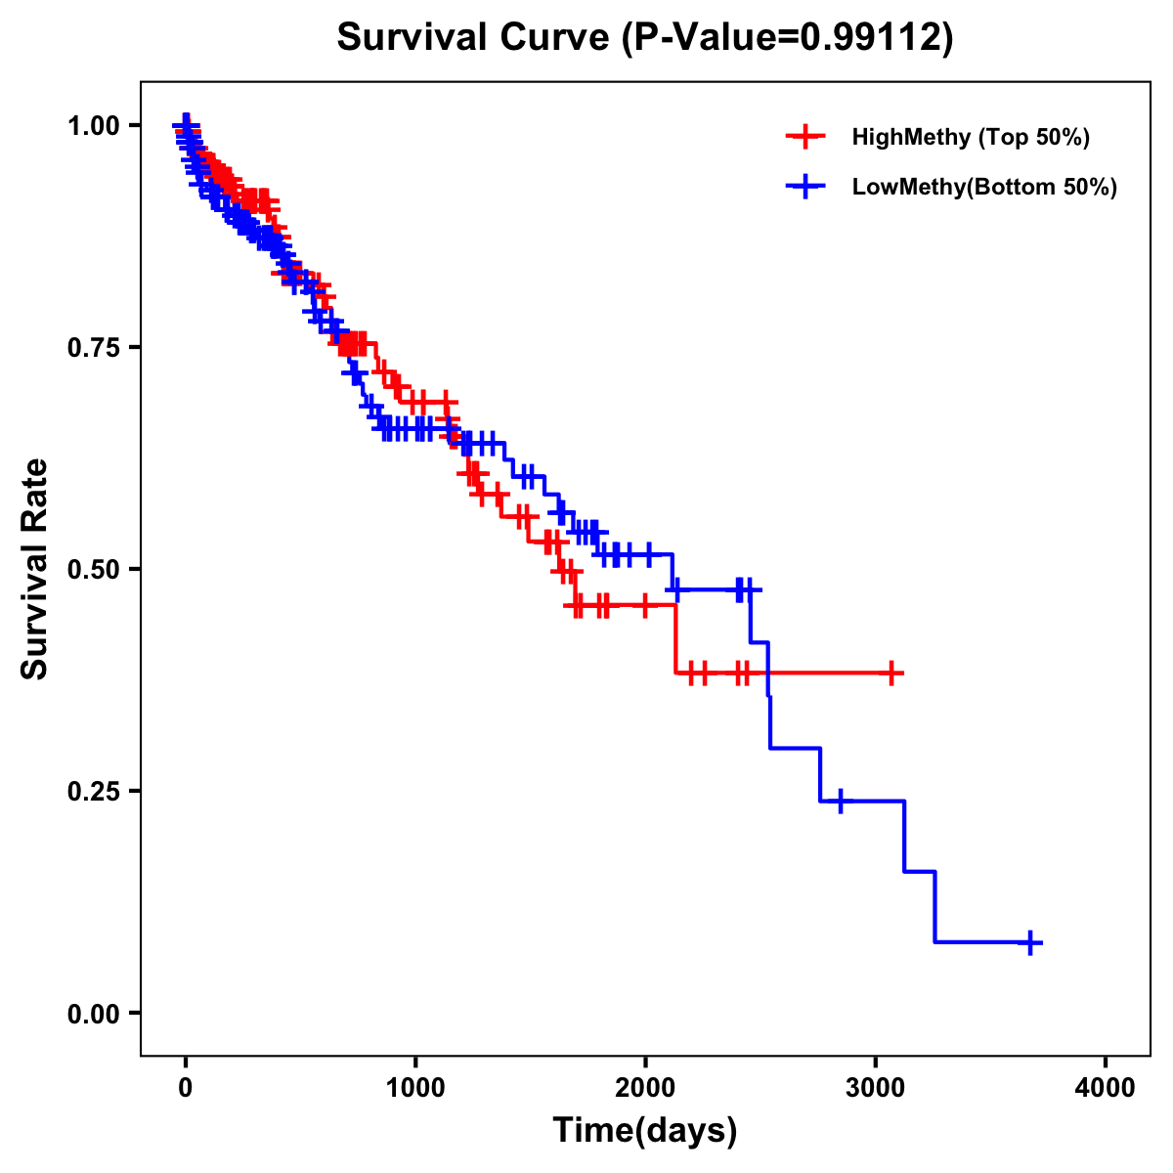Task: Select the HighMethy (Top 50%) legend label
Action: pyautogui.click(x=970, y=137)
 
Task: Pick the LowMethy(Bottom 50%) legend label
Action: pyautogui.click(x=984, y=187)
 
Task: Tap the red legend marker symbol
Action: pyautogui.click(x=805, y=137)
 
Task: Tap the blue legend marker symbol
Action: pyautogui.click(x=805, y=187)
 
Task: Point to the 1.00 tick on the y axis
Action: pyautogui.click(x=93, y=125)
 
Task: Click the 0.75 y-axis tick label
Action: pyautogui.click(x=93, y=347)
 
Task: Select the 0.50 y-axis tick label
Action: pyautogui.click(x=93, y=569)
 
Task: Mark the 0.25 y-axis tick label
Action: pyautogui.click(x=93, y=791)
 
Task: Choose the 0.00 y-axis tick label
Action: pyautogui.click(x=93, y=1013)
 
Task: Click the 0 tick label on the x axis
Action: pyautogui.click(x=185, y=1087)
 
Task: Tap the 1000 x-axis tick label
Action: pyautogui.click(x=415, y=1087)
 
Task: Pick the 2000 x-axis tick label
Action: pyautogui.click(x=645, y=1087)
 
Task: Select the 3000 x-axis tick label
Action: pyautogui.click(x=876, y=1087)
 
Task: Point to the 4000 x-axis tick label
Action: pyautogui.click(x=1106, y=1087)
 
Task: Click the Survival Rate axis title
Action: pyautogui.click(x=35, y=569)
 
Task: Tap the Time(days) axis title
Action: pyautogui.click(x=645, y=1131)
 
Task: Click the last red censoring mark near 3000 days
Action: pyautogui.click(x=891, y=673)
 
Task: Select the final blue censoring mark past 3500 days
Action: pyautogui.click(x=1029, y=942)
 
